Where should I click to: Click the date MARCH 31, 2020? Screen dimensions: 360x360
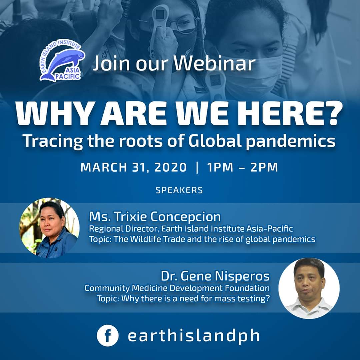pos(134,167)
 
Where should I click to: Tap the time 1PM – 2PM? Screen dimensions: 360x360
pos(242,167)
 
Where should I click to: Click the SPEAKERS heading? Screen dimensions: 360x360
pos(179,190)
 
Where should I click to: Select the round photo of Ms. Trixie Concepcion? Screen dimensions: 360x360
pos(49,228)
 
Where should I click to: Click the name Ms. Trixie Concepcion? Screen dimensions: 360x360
pos(155,217)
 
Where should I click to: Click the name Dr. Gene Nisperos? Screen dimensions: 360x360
pos(215,276)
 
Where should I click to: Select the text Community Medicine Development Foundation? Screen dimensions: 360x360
pos(177,288)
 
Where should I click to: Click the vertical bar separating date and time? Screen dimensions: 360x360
pos(197,167)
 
